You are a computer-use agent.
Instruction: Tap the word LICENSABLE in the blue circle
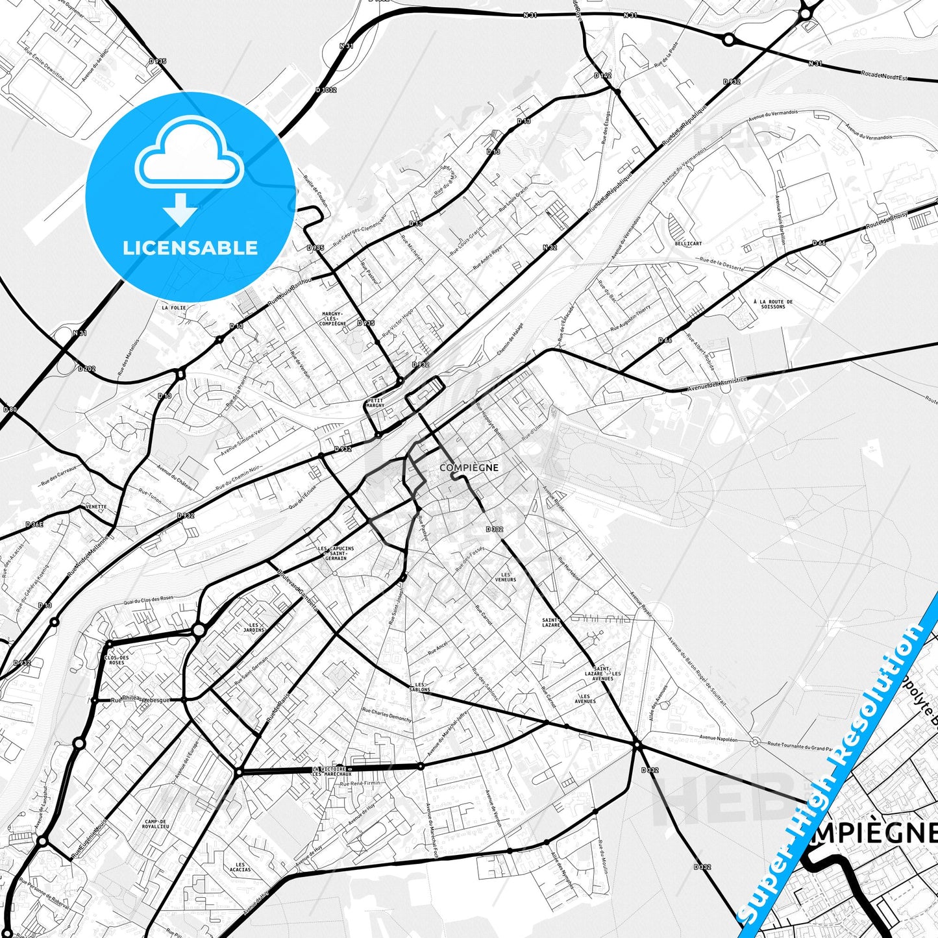coord(190,247)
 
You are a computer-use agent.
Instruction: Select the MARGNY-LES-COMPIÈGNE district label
coord(333,319)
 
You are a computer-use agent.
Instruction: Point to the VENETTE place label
coord(95,507)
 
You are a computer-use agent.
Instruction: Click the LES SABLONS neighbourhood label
coord(420,687)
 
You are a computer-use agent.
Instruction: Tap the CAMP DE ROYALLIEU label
coord(156,824)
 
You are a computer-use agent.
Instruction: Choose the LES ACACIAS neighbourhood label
coord(240,867)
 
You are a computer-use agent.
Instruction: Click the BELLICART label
coord(688,243)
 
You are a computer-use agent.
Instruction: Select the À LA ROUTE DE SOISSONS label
coord(772,304)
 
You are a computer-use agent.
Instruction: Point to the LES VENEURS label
coord(506,576)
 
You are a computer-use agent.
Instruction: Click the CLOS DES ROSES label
coord(116,660)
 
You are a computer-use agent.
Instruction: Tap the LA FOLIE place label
coord(173,308)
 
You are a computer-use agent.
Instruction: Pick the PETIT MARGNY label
coord(375,402)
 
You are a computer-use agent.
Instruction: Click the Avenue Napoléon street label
coord(718,739)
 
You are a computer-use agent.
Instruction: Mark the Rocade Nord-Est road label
coord(883,75)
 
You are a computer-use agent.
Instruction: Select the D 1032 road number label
coord(326,90)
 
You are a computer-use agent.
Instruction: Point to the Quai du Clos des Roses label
coord(149,599)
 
